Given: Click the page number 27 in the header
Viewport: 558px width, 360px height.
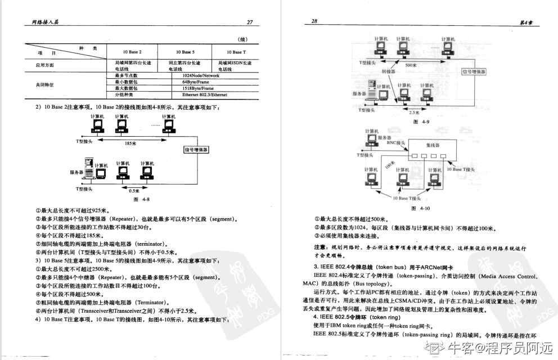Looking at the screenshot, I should click(x=250, y=22).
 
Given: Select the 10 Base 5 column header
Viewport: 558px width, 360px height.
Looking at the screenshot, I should click(x=184, y=51).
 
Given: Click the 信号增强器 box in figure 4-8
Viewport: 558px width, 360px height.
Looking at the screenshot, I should click(x=196, y=150).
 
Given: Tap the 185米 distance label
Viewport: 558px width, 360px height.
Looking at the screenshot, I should click(x=131, y=143).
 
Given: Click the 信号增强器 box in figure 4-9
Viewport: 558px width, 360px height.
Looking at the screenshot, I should click(x=474, y=72).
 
